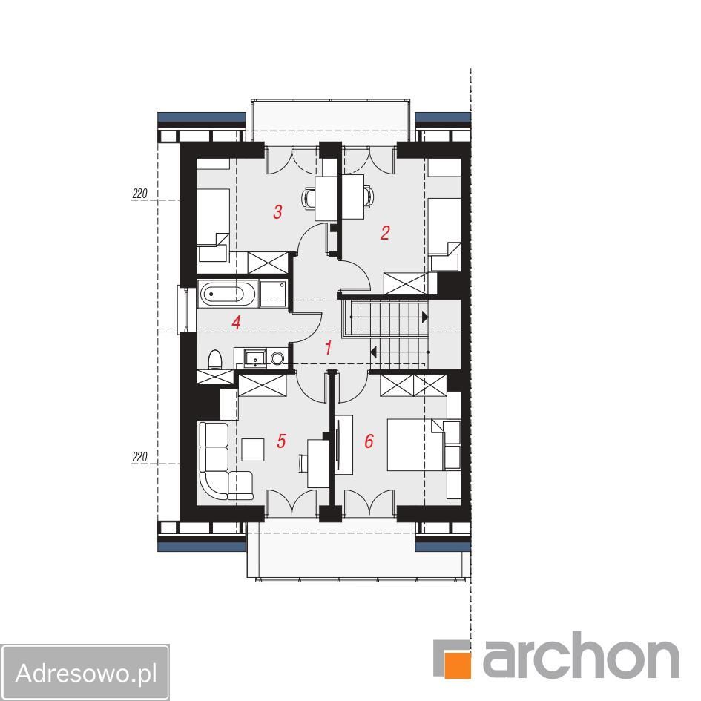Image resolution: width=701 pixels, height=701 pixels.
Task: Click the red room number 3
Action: coord(277,211)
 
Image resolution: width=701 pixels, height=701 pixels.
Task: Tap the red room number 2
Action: coord(385,232)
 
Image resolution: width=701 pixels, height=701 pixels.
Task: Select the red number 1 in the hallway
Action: coord(329,347)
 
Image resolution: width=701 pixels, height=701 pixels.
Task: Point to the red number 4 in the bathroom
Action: coord(237,323)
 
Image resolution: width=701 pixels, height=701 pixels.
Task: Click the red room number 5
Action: coord(281,441)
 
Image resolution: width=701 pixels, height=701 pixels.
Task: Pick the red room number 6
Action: coord(369,441)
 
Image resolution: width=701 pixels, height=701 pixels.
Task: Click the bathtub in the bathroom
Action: coord(227,294)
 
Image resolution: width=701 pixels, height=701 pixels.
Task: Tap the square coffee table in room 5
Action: coord(253,450)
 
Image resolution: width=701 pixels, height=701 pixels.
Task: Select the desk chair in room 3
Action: coord(309,198)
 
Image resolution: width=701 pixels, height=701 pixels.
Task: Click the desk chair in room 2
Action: coord(369,197)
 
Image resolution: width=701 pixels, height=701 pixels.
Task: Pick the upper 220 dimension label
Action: coord(139,194)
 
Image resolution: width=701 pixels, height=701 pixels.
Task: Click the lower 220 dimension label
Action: coord(139,457)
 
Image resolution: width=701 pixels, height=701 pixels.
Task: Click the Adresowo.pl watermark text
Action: coord(86,672)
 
